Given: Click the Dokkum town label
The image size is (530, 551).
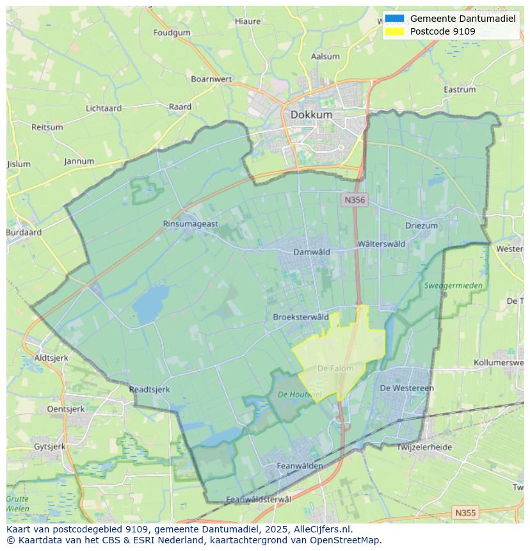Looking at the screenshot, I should click(x=311, y=115).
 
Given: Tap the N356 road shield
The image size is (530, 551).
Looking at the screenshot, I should click(x=354, y=200).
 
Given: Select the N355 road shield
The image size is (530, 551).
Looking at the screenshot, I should click(x=465, y=513).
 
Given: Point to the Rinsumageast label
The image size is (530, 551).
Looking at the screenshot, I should click(x=190, y=224).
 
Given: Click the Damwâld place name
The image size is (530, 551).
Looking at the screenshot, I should click(x=312, y=252).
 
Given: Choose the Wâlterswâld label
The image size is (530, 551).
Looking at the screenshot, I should click(x=381, y=244).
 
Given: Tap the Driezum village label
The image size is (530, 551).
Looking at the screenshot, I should click(x=421, y=226).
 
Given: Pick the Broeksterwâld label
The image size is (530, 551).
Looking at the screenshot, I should click(x=301, y=317).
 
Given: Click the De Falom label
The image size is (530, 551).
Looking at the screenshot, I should click(x=335, y=369).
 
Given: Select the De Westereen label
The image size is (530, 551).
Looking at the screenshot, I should click(x=406, y=388).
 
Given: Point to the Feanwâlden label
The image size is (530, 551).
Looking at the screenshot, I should click(x=300, y=466).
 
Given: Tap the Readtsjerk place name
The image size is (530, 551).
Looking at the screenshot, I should click(x=149, y=389).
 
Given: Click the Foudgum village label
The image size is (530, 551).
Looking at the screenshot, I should click(x=172, y=33).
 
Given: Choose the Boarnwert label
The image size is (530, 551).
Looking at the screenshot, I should click(x=211, y=79).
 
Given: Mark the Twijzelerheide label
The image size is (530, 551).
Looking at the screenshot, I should click(x=424, y=447).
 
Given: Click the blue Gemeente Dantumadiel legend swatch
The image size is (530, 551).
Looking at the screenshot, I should click(x=395, y=19).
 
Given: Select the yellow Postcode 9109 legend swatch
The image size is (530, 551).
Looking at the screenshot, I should click(x=395, y=31).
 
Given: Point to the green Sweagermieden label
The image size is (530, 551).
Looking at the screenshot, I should click(x=453, y=285).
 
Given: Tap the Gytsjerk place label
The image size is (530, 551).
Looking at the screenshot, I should click(x=49, y=446).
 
